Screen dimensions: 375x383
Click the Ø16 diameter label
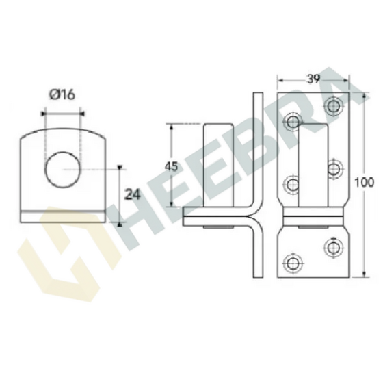click(62, 94)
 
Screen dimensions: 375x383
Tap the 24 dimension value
click(133, 194)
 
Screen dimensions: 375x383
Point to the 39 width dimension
click(313, 79)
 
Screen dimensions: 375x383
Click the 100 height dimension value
click(365, 183)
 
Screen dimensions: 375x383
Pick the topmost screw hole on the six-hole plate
click(334, 105)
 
